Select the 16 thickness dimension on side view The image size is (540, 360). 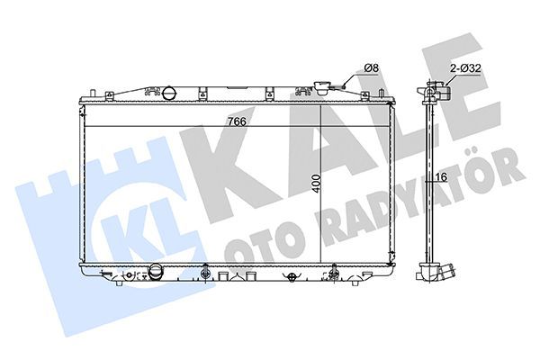[442, 177]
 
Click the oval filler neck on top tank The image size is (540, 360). [168, 92]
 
